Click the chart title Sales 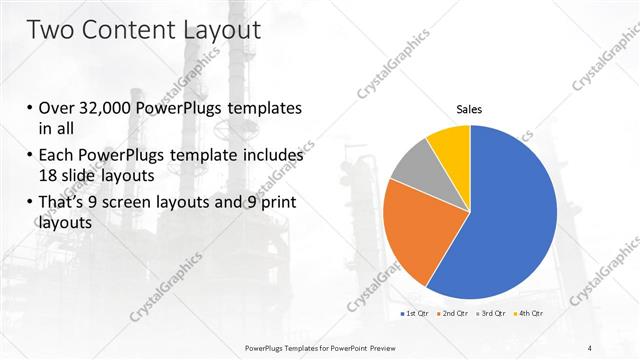(470, 109)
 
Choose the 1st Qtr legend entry (416, 315)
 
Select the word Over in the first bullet (57, 108)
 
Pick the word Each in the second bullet (57, 156)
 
